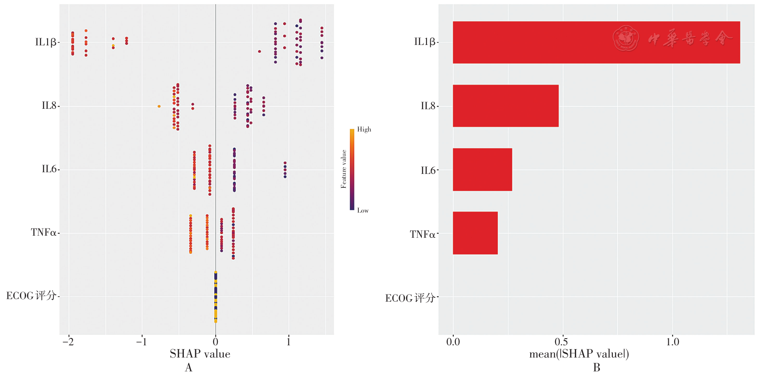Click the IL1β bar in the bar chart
(x=596, y=42)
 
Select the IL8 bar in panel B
(x=506, y=106)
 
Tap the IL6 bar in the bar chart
(x=482, y=170)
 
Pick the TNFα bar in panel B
(x=475, y=233)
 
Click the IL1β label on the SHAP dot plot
(x=46, y=42)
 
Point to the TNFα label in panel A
(x=44, y=232)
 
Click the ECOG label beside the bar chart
(x=410, y=298)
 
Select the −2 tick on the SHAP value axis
(x=68, y=342)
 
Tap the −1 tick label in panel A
(x=141, y=342)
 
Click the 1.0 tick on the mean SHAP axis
(x=672, y=342)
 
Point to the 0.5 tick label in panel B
(x=562, y=342)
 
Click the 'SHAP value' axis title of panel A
(x=200, y=354)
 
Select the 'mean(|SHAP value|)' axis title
(x=579, y=354)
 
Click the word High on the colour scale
(x=364, y=129)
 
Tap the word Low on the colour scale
(x=363, y=210)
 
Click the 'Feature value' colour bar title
(x=344, y=169)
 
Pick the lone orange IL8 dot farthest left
(x=159, y=106)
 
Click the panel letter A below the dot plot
(x=188, y=368)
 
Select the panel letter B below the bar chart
(x=596, y=368)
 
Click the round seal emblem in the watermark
(x=626, y=38)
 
